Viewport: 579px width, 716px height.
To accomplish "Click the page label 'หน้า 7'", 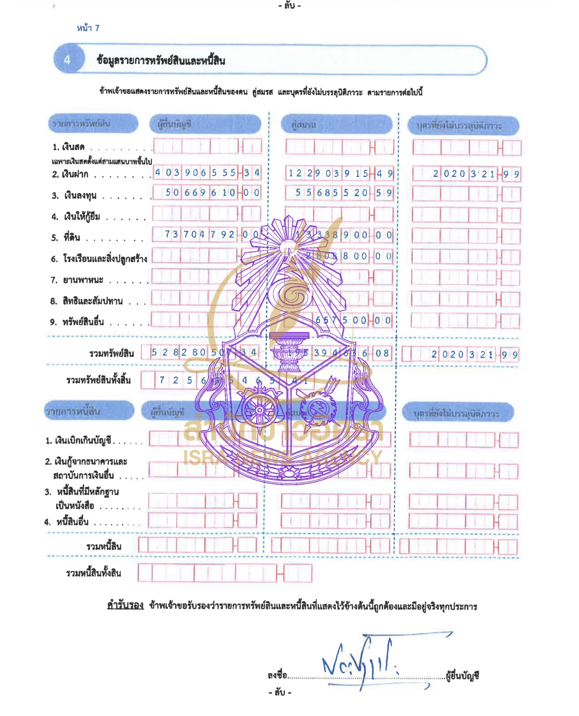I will click(88, 28).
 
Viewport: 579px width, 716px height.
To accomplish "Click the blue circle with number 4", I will click(67, 60).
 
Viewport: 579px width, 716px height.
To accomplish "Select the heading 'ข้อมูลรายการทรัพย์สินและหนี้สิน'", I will click(161, 60).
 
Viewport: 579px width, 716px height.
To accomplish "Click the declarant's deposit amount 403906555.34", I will click(207, 173).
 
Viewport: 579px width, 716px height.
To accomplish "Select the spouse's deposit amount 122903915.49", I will click(340, 174).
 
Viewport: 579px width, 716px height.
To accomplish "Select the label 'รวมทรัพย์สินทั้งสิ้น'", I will click(98, 380).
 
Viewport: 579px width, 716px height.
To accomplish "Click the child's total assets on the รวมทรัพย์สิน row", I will click(474, 354).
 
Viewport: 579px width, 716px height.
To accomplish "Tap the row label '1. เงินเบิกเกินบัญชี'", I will click(79, 441).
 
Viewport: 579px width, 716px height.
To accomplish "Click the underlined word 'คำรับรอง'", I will click(125, 606).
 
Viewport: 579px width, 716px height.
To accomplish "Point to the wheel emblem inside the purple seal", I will click(260, 409).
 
